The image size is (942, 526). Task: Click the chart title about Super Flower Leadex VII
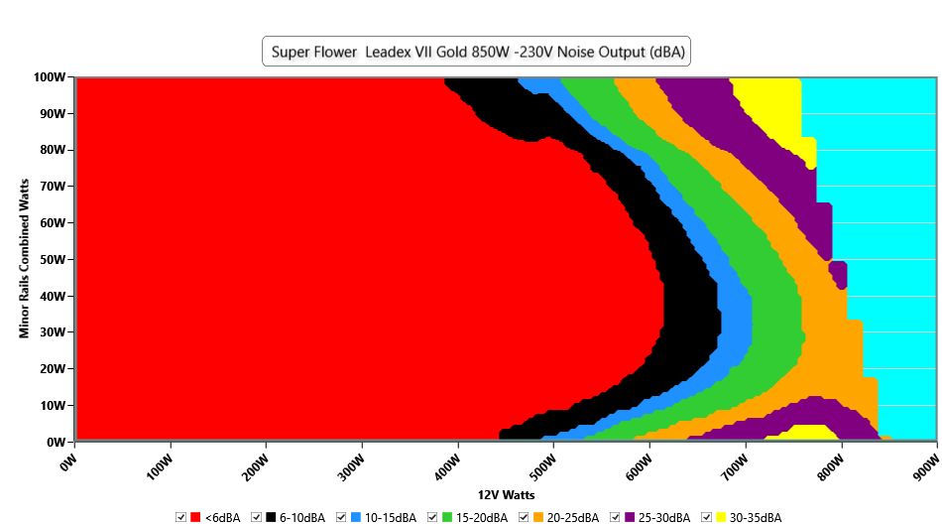(476, 52)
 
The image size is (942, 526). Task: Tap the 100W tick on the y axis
(50, 77)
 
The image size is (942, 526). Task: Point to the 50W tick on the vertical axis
(53, 260)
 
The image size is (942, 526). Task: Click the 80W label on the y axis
(53, 150)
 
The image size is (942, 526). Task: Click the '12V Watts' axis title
(506, 494)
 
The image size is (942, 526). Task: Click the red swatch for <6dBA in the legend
(195, 517)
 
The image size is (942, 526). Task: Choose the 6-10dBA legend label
(301, 517)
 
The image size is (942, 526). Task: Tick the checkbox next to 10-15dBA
(341, 517)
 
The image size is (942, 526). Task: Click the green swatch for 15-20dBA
(447, 517)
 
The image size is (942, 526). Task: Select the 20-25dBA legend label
(574, 517)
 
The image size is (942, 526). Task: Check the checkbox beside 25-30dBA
(615, 517)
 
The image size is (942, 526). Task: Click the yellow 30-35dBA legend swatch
(721, 517)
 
